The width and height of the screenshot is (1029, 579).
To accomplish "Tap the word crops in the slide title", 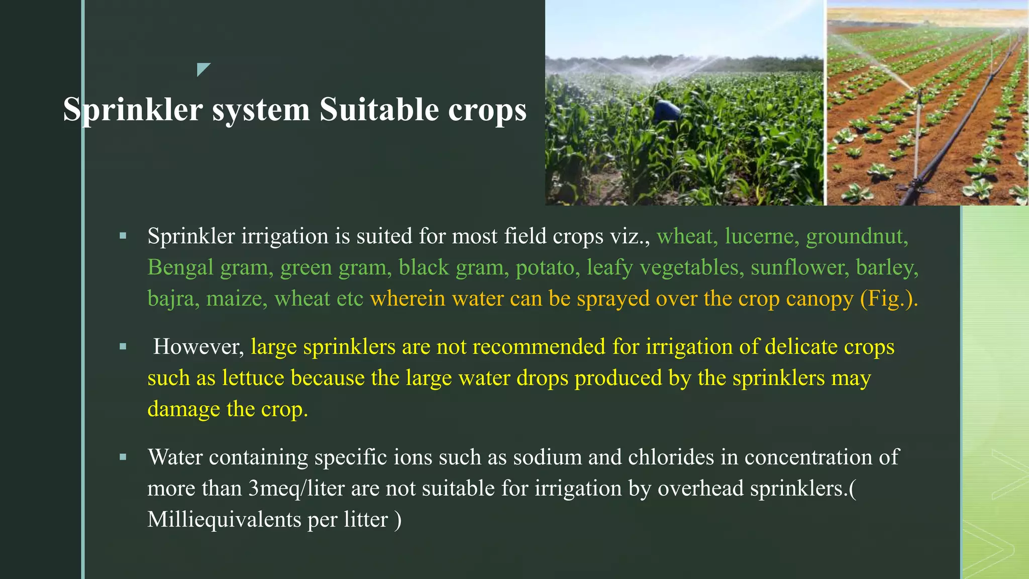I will pyautogui.click(x=487, y=110).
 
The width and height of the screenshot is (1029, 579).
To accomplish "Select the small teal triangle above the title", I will pyautogui.click(x=202, y=69).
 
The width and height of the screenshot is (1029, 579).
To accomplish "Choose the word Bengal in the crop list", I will pyautogui.click(x=180, y=267).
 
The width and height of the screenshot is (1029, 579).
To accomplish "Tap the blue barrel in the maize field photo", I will pyautogui.click(x=668, y=111).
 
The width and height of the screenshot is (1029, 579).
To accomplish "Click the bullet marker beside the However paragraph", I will pyautogui.click(x=123, y=346).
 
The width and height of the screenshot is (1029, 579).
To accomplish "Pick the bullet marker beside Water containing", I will pyautogui.click(x=123, y=457).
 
